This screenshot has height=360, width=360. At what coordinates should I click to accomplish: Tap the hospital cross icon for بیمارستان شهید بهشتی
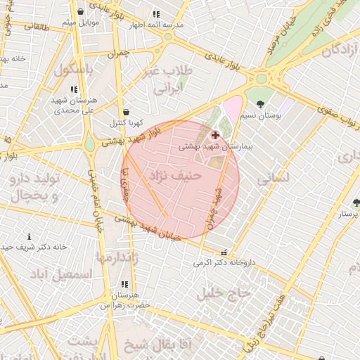[214, 134]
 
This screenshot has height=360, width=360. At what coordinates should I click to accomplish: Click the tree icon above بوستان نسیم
[261, 104]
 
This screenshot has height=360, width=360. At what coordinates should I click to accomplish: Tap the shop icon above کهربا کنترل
[126, 112]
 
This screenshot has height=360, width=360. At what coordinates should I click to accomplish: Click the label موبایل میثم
[79, 23]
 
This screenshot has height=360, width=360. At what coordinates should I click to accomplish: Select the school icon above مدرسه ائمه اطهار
[156, 13]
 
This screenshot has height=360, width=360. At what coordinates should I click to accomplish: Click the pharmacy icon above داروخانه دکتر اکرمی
[224, 252]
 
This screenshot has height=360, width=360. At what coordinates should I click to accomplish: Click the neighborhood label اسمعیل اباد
[61, 273]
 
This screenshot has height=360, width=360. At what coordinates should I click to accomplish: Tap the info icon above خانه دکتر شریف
[29, 236]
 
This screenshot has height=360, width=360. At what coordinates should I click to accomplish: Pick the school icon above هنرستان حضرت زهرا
[124, 284]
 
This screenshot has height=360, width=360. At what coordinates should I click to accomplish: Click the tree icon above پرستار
[356, 203]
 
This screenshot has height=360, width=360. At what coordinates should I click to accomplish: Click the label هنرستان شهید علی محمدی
[72, 105]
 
